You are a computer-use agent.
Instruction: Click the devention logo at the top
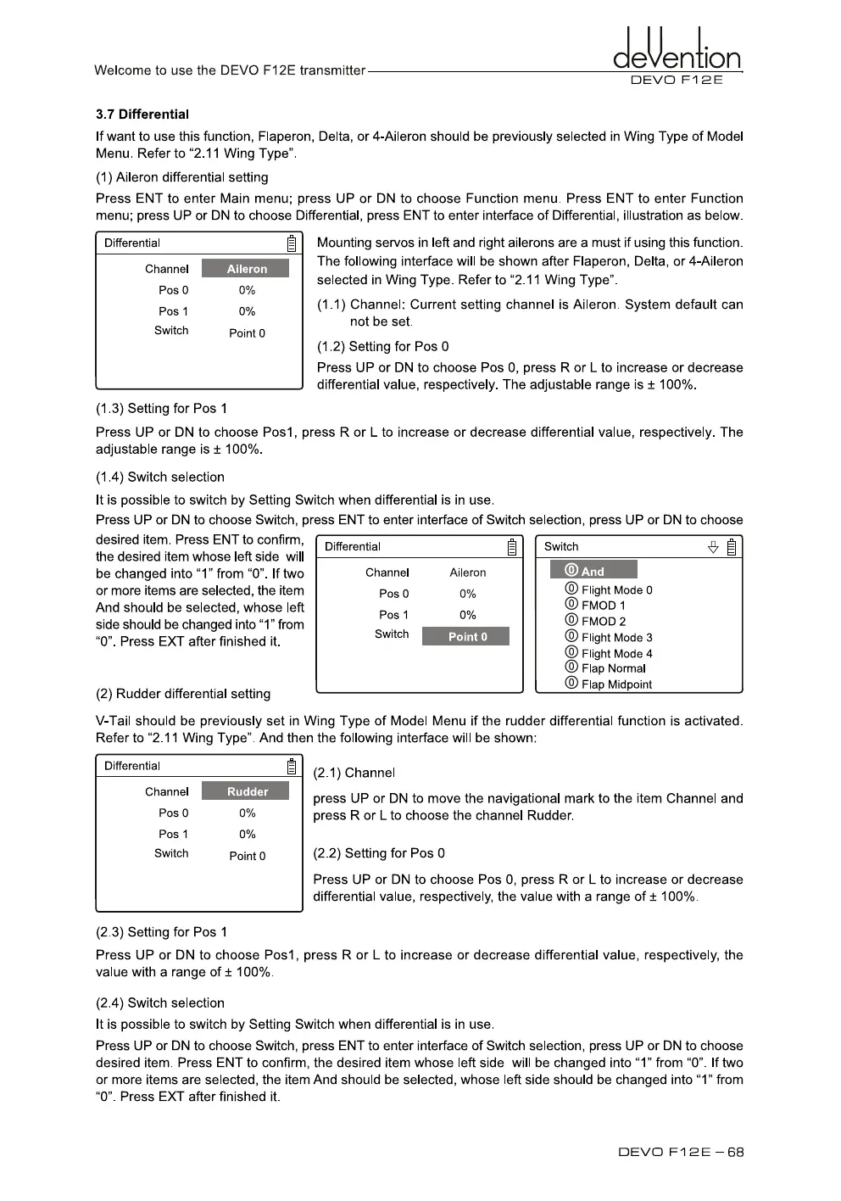(677, 53)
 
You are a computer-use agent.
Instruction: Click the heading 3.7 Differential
(142, 115)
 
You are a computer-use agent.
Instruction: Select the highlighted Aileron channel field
(246, 269)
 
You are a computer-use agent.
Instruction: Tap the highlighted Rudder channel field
(246, 791)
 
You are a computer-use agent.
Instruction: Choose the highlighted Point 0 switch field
(466, 637)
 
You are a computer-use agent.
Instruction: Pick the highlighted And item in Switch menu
(593, 571)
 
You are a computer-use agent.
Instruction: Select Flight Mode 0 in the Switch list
(616, 589)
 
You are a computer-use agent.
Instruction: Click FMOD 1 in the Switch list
(603, 606)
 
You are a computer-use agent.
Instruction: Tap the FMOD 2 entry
(603, 621)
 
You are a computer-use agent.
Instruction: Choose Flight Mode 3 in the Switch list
(616, 637)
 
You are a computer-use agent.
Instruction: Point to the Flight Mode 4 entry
(616, 653)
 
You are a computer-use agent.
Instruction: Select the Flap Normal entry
(613, 668)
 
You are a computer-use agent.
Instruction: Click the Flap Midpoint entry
(616, 684)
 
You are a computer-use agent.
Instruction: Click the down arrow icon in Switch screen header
(713, 547)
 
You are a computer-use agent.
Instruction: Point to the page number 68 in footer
(735, 1152)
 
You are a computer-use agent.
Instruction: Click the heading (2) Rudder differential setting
(183, 694)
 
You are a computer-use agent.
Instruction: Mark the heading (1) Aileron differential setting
(182, 177)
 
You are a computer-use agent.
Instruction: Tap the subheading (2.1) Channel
(354, 773)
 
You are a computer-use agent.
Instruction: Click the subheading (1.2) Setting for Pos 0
(383, 346)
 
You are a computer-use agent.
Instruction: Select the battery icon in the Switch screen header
(732, 547)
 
